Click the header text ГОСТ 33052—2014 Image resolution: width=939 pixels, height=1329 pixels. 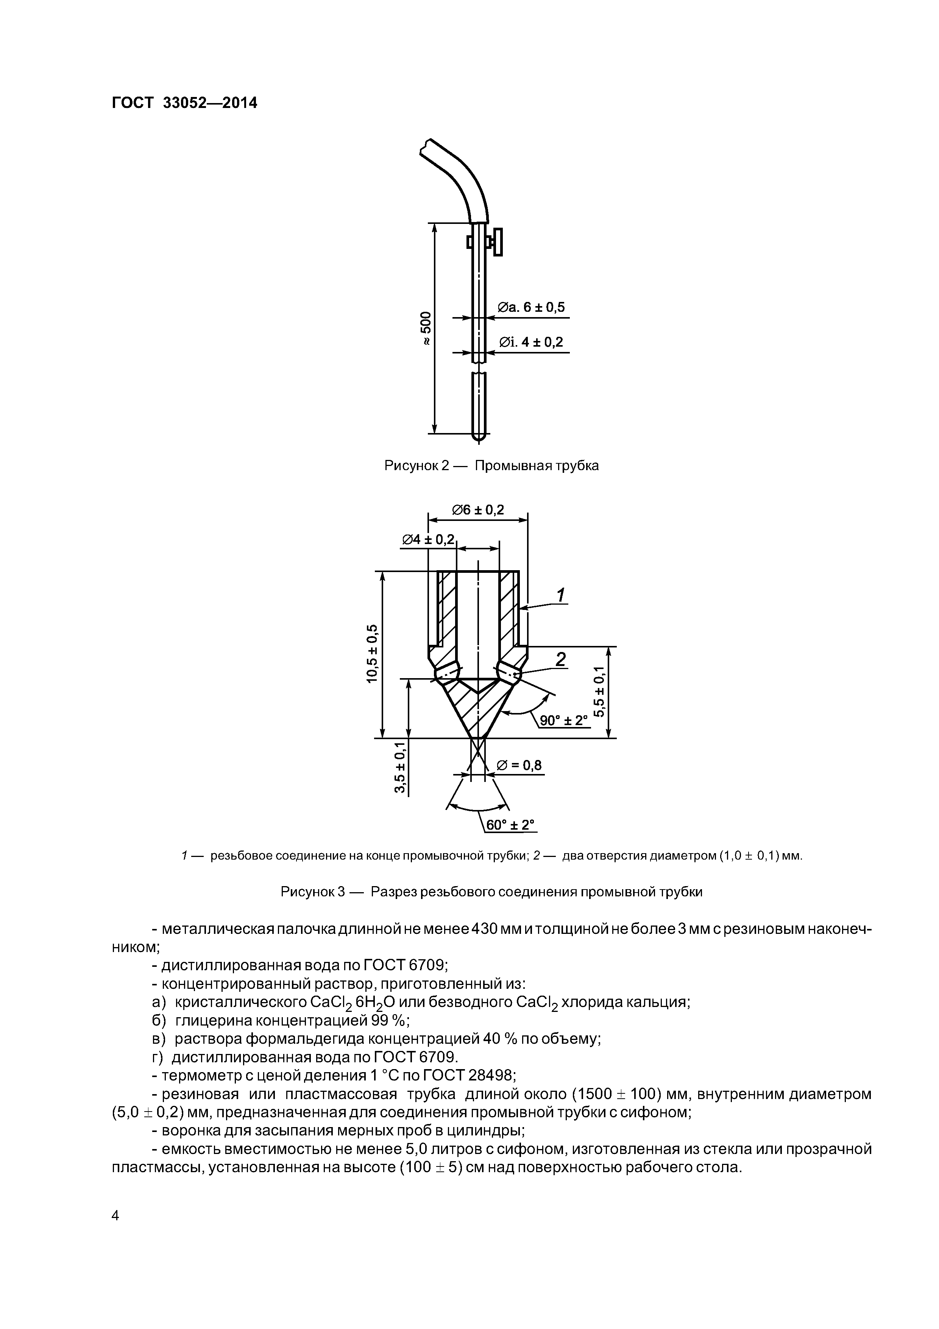[x=184, y=103]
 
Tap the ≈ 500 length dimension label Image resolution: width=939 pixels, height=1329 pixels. [x=425, y=329]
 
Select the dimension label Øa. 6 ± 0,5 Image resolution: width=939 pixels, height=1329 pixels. [x=531, y=307]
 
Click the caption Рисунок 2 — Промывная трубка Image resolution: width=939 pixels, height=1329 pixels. [x=491, y=465]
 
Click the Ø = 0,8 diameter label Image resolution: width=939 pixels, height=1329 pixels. [x=519, y=766]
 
